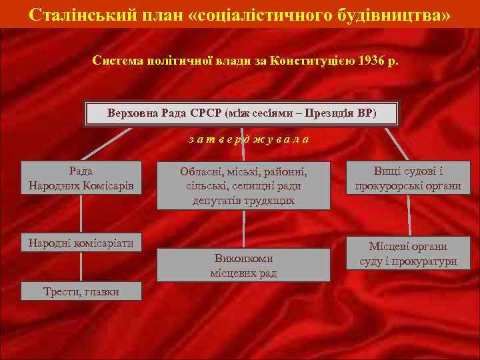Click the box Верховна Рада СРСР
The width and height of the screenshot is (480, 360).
[241, 113]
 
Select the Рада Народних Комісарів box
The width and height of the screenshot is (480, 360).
[81, 178]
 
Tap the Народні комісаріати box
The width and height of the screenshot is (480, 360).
[81, 243]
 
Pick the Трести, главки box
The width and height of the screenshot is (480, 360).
[81, 291]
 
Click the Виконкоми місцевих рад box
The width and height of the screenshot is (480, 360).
[243, 265]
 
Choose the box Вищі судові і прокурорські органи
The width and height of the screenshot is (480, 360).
[408, 178]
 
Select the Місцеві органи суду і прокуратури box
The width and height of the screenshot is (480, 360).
[408, 253]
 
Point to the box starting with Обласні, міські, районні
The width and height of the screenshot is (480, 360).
[243, 185]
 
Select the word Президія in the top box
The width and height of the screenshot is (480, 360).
[330, 113]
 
